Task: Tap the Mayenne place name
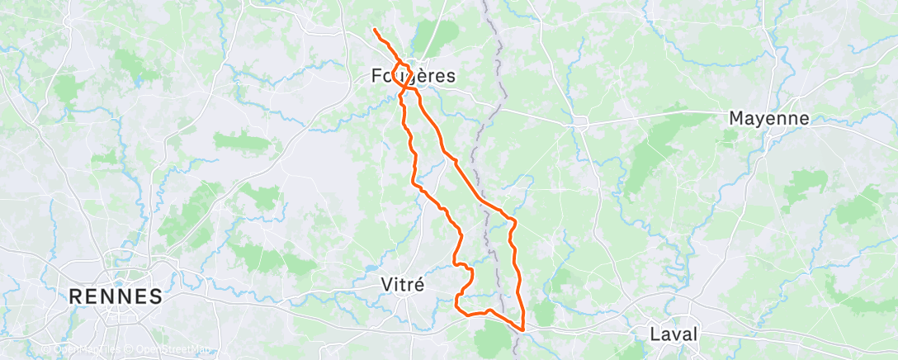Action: click(x=768, y=118)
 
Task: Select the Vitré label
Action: click(x=403, y=284)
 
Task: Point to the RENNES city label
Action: click(x=116, y=296)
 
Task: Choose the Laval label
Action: click(x=673, y=334)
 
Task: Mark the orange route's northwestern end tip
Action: click(x=374, y=31)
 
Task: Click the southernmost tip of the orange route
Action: click(x=522, y=328)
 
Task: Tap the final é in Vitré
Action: click(x=420, y=284)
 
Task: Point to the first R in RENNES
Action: click(x=77, y=296)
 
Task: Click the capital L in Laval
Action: click(x=655, y=334)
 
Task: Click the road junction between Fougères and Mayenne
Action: click(x=580, y=122)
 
